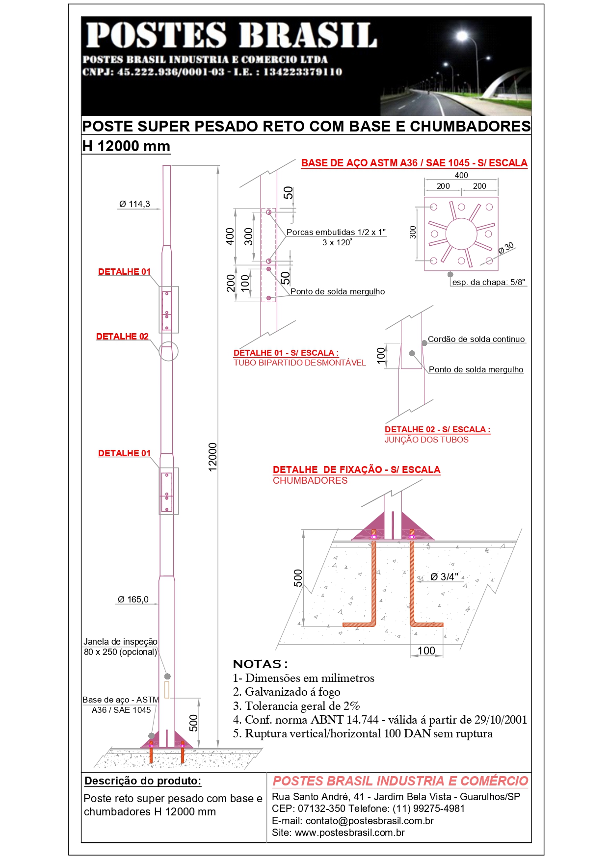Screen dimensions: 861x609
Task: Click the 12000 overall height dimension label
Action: (x=212, y=457)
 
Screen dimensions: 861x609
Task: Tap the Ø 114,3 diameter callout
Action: (x=134, y=204)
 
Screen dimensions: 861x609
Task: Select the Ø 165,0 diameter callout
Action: (x=133, y=600)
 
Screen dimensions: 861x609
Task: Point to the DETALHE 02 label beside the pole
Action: (x=122, y=337)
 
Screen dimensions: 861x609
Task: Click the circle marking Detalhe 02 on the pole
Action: (x=168, y=351)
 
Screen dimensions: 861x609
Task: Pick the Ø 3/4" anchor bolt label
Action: (x=444, y=577)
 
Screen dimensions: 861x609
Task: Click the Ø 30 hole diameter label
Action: (x=506, y=248)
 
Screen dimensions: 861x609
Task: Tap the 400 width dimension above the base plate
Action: (x=461, y=175)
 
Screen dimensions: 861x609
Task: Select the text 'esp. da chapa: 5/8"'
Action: (x=488, y=283)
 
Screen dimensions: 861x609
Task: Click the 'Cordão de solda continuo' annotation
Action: (x=476, y=339)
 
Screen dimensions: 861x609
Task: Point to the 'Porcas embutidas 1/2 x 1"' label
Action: (x=336, y=233)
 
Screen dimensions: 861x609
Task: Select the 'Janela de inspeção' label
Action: (x=120, y=642)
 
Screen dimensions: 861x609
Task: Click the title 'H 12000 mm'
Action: (x=126, y=146)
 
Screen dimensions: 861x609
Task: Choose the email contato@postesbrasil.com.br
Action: (x=370, y=821)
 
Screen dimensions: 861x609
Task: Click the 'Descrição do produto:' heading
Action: (x=143, y=781)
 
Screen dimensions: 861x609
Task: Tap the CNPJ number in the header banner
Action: (x=171, y=72)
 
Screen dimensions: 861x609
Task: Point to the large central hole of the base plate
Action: (x=461, y=234)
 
